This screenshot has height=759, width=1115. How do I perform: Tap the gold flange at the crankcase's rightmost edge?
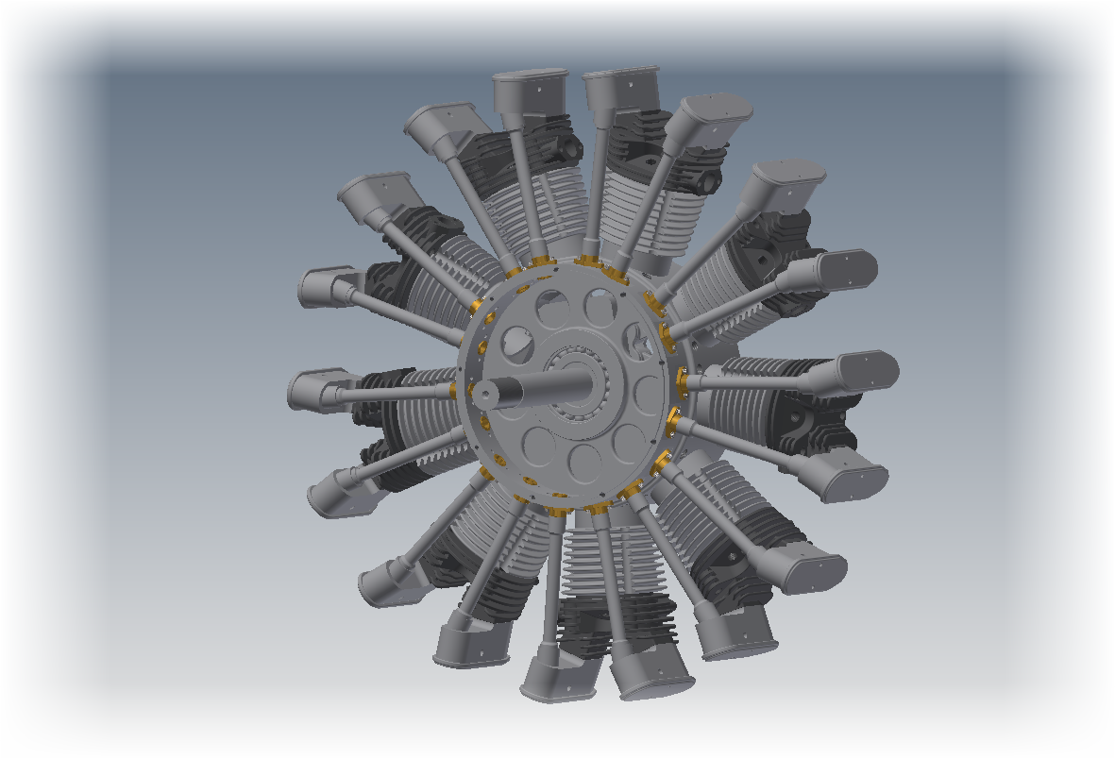[683, 381]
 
